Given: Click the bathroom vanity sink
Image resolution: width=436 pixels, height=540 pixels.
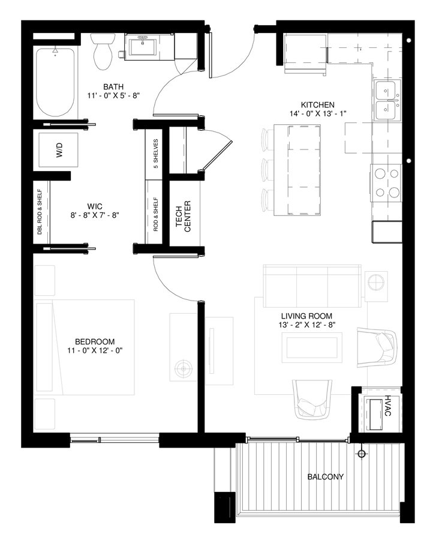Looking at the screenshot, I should point(143,45).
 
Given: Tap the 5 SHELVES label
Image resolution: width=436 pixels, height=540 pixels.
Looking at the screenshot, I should point(155,154).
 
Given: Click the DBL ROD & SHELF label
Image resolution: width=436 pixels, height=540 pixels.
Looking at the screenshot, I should point(39,212).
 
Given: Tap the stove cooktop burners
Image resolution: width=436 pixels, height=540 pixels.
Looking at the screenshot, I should point(386,183).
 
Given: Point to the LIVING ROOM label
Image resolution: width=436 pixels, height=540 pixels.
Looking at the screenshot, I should point(306,316).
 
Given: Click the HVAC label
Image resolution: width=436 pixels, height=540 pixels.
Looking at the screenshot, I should point(389,406).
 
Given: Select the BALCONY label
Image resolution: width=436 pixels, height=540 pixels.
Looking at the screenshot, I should point(326,478).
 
